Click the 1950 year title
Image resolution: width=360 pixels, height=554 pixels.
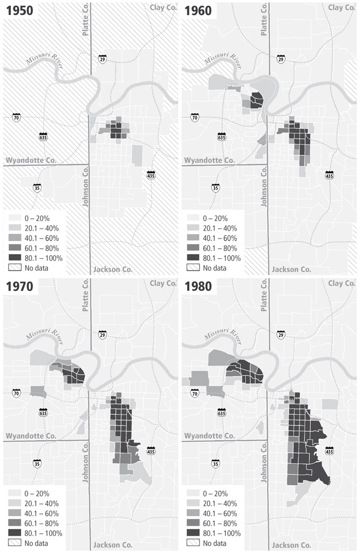[x=19, y=11]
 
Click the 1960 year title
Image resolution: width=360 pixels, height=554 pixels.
[x=198, y=11]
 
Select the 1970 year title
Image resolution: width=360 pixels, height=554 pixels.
[x=19, y=287]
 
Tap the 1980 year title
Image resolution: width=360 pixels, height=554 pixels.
[x=198, y=287]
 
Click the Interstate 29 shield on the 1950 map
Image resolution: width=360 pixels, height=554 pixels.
[x=102, y=59]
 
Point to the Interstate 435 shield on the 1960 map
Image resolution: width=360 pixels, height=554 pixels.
[x=329, y=175]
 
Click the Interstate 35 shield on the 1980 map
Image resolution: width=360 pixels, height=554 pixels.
[x=215, y=463]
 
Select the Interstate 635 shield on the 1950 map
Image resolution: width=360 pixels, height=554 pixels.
[x=43, y=136]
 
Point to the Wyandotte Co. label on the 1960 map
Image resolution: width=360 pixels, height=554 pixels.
[x=209, y=160]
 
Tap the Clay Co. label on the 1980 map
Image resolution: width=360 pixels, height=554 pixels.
[x=342, y=283]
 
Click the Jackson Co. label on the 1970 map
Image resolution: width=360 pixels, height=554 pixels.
[x=113, y=545]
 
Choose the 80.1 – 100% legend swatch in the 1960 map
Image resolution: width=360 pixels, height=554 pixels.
[x=194, y=258]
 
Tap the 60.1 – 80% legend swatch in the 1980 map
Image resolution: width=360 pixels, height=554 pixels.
[x=194, y=524]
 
